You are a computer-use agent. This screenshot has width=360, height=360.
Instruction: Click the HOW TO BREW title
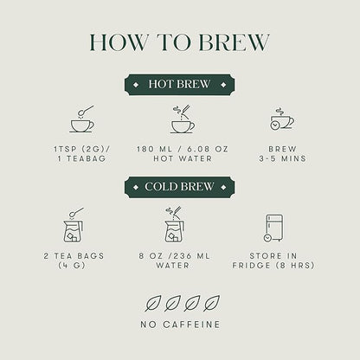pyautogui.click(x=179, y=42)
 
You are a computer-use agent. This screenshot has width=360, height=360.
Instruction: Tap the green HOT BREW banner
pyautogui.click(x=179, y=85)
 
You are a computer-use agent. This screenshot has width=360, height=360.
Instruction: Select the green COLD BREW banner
pyautogui.click(x=179, y=187)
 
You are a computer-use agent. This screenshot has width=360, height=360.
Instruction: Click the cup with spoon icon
pyautogui.click(x=82, y=119)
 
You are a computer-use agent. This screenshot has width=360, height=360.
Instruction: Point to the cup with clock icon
pyautogui.click(x=282, y=119)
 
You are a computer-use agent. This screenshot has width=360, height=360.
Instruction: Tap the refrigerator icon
pyautogui.click(x=273, y=228)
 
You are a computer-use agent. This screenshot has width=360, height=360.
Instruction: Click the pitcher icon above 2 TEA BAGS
pyautogui.click(x=74, y=225)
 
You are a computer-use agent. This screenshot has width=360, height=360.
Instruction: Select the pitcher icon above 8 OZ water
pyautogui.click(x=175, y=225)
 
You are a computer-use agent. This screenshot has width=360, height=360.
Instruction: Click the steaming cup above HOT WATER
pyautogui.click(x=183, y=119)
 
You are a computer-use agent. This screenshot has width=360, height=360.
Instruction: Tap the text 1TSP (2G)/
pyautogui.click(x=82, y=149)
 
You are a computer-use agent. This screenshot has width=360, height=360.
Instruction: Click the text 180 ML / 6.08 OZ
pyautogui.click(x=183, y=149)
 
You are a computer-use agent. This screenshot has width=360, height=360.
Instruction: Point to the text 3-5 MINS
pyautogui.click(x=282, y=158)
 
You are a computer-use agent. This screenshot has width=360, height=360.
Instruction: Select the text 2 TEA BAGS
pyautogui.click(x=74, y=256)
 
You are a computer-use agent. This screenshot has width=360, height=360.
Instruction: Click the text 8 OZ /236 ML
pyautogui.click(x=175, y=256)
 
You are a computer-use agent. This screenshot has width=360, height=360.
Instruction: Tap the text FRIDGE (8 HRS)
pyautogui.click(x=273, y=266)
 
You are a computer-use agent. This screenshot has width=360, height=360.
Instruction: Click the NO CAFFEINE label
pyautogui.click(x=180, y=325)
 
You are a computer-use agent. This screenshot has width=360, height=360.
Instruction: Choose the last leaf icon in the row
pyautogui.click(x=211, y=304)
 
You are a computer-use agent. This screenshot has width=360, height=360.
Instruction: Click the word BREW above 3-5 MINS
pyautogui.click(x=282, y=149)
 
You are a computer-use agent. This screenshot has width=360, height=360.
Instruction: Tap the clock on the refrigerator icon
pyautogui.click(x=267, y=238)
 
